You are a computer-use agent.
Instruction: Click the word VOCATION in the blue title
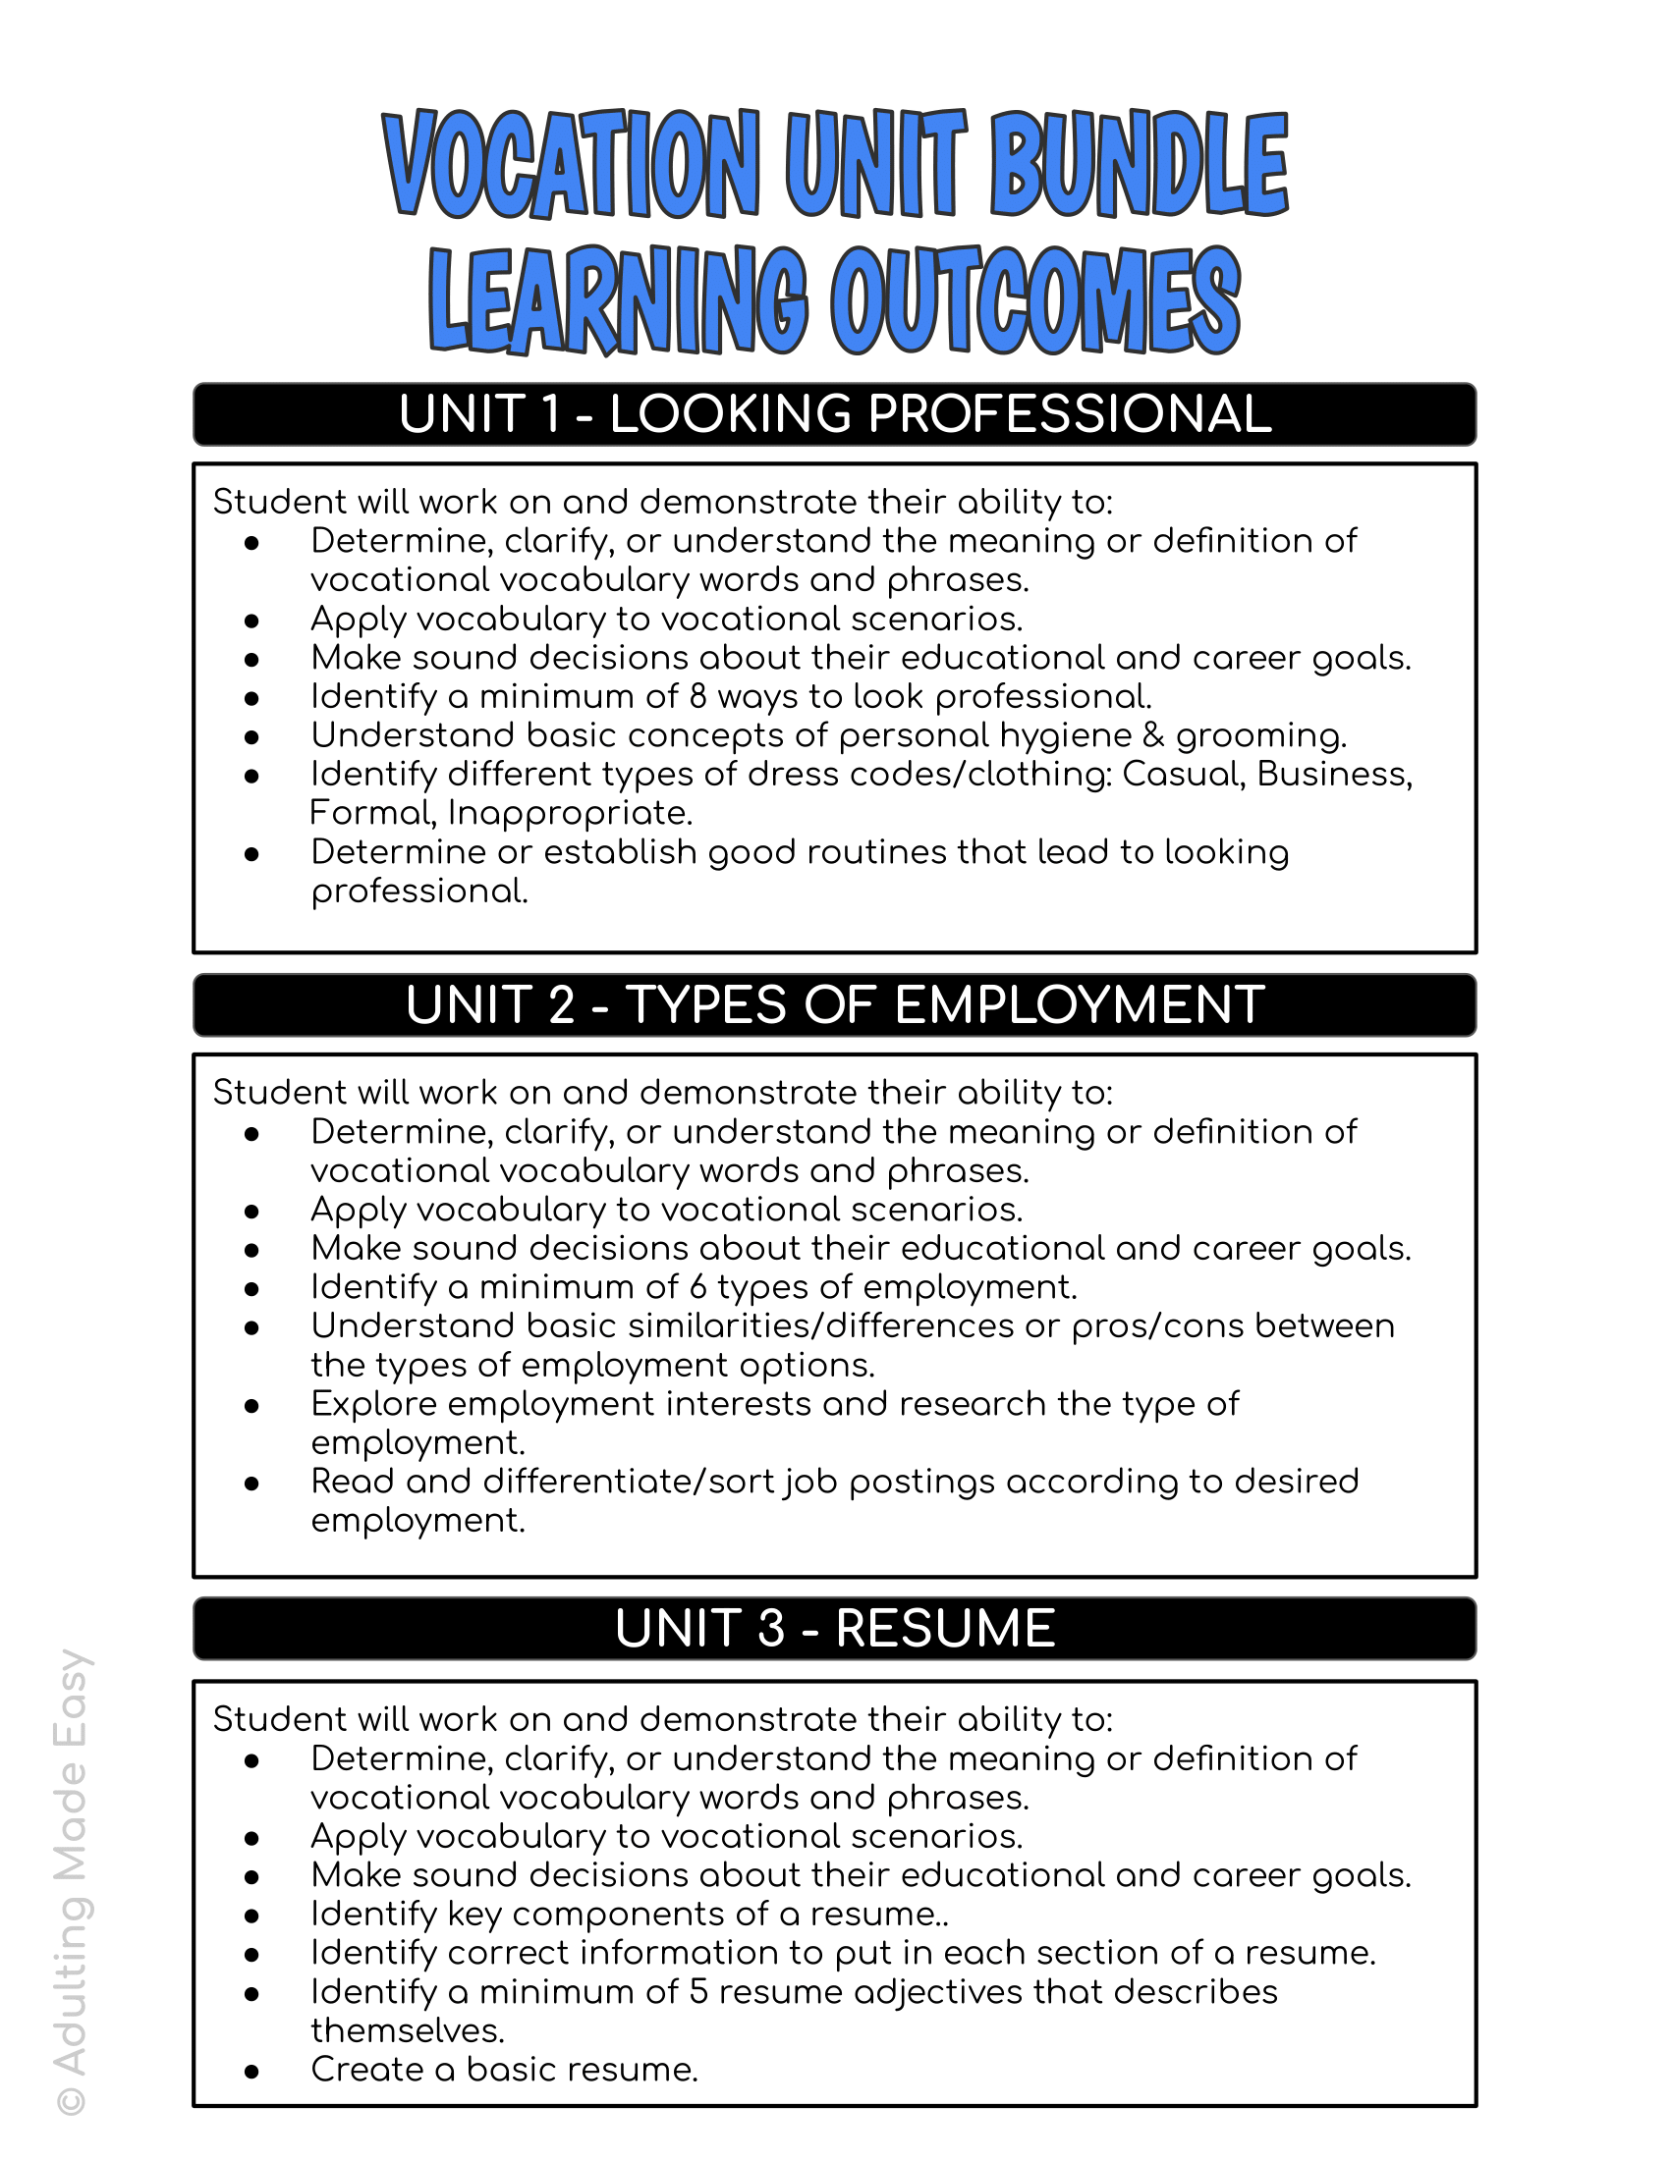572,164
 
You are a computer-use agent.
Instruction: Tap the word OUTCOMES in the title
1034,300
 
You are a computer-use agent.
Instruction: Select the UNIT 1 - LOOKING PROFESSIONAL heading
834,414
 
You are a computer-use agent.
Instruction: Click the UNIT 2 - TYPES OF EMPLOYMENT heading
834,1004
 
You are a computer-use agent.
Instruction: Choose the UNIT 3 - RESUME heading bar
834,1629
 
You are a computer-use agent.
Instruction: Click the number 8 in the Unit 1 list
698,697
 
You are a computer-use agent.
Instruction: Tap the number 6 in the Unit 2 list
698,1288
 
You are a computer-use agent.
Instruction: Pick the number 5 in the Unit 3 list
698,1992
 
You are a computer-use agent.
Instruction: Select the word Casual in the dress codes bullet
1182,775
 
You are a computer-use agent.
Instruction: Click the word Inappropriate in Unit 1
570,814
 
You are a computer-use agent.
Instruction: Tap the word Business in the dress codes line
1335,775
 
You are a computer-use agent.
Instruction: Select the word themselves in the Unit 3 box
408,2030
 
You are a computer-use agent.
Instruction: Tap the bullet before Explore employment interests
252,1405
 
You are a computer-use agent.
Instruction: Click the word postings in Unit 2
922,1483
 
